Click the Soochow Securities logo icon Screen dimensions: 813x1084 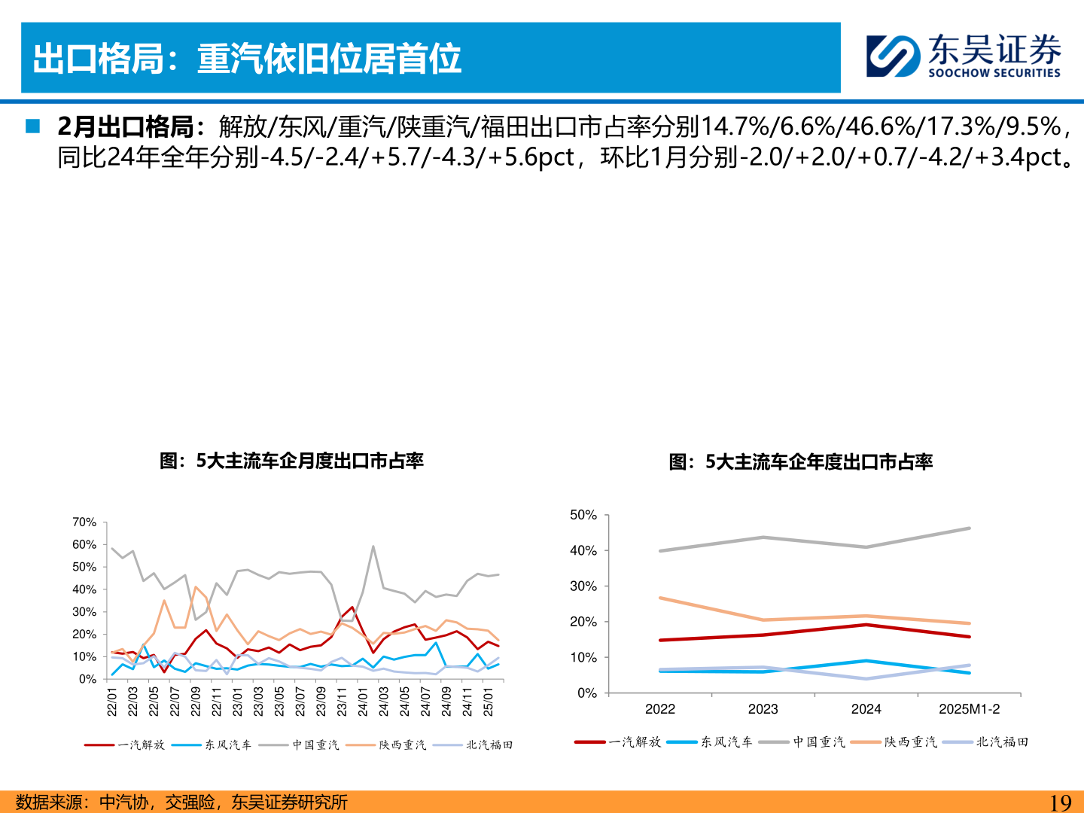tap(893, 56)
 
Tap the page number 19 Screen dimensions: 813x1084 tap(1060, 802)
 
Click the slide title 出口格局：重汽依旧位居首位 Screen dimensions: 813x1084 tap(247, 59)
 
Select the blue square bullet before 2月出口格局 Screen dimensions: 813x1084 tap(32, 126)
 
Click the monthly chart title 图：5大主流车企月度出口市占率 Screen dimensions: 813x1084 tap(291, 461)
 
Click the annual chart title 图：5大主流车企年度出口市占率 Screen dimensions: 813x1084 tap(800, 461)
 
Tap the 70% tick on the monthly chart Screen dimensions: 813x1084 tap(84, 522)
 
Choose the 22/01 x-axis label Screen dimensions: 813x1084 tap(112, 701)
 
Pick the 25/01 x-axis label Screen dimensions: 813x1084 tap(489, 701)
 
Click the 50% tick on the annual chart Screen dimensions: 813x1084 tap(583, 515)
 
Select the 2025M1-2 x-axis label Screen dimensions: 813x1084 tap(969, 709)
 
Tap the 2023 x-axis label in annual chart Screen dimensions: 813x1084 tap(763, 709)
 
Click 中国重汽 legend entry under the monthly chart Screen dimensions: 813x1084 tap(315, 744)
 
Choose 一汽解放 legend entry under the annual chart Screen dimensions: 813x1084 tap(635, 741)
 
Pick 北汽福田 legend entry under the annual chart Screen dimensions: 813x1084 tap(1002, 741)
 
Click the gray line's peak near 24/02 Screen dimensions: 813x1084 tap(373, 547)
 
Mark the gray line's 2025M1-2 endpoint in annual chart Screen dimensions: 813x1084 tap(969, 528)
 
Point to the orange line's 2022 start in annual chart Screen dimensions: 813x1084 tap(660, 598)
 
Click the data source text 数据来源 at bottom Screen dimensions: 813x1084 tap(181, 802)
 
